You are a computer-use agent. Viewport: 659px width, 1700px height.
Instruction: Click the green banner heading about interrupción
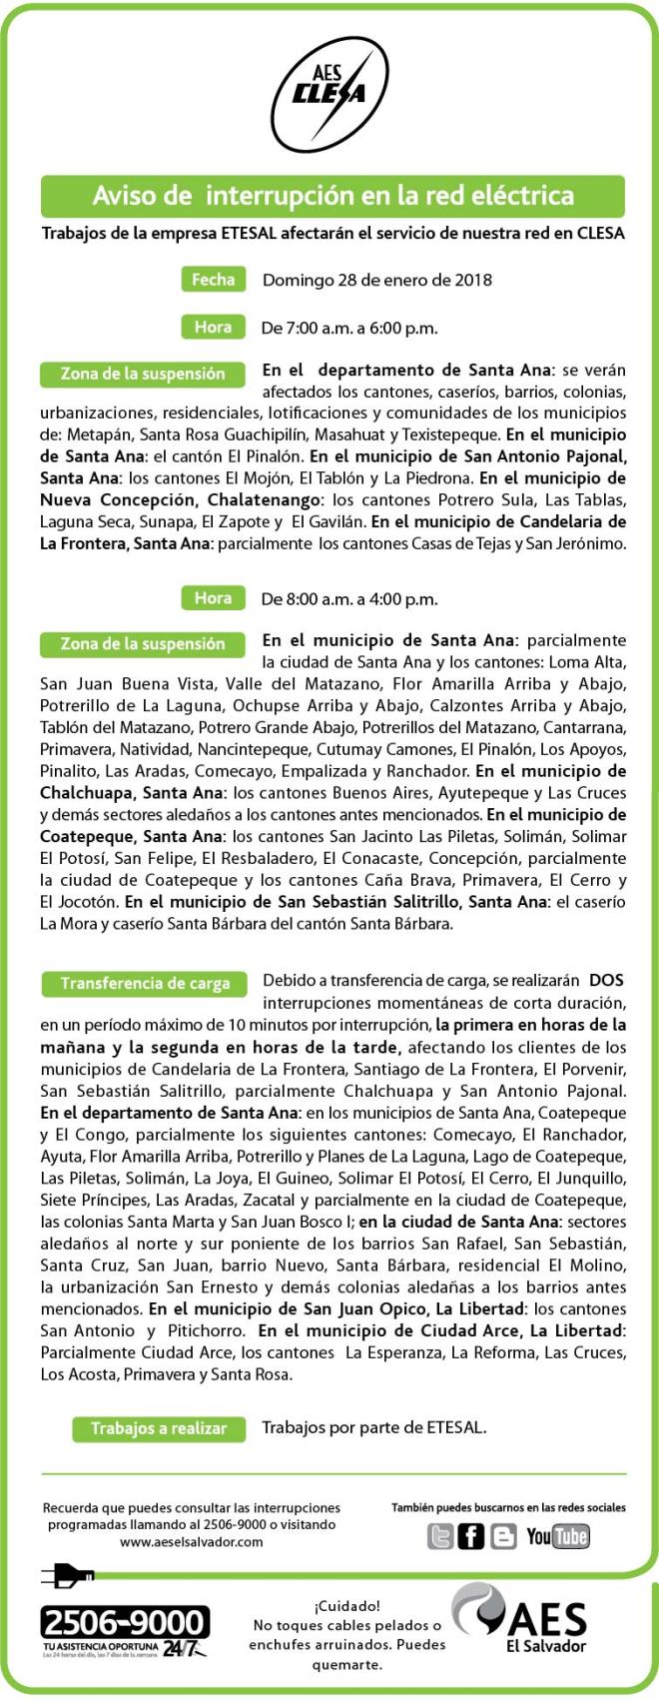coord(332,196)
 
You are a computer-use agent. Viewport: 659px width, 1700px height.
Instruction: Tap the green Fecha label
coord(213,280)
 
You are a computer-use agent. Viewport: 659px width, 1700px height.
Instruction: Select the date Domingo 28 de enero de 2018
coord(376,281)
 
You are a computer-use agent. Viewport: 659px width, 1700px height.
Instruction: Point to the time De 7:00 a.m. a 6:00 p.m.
coord(348,328)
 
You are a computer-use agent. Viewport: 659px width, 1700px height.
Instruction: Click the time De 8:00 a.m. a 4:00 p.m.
coord(348,599)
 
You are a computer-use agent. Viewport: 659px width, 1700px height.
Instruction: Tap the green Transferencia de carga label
coord(144,984)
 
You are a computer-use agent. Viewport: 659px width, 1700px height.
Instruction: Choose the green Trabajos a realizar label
coord(158,1429)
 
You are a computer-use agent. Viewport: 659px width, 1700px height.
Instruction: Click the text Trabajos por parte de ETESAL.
coord(373,1428)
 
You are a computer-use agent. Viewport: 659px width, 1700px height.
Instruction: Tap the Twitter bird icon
coord(439,1536)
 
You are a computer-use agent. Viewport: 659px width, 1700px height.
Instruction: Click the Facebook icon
coord(471,1536)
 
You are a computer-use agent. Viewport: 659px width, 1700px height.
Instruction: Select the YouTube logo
coord(558,1536)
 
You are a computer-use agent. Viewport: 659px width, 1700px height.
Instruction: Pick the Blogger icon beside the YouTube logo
coord(503,1536)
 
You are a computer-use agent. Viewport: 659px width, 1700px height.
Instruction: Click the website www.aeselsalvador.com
coord(191,1542)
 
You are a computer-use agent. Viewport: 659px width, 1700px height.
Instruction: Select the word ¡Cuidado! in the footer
coord(346,1606)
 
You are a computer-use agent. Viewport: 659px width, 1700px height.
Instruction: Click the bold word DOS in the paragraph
coord(606,981)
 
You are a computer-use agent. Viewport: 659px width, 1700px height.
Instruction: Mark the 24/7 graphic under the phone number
coord(185,1648)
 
